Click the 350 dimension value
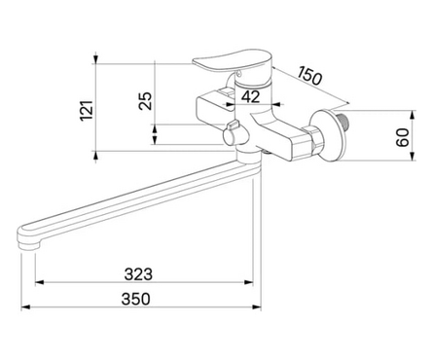click(x=136, y=299)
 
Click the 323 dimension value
click(x=138, y=274)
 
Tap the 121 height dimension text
click(x=87, y=111)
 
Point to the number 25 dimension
click(x=145, y=101)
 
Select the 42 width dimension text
click(x=251, y=96)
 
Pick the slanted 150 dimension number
click(x=309, y=76)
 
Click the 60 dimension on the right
click(x=404, y=137)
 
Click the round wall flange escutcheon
click(x=328, y=135)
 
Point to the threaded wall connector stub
click(x=343, y=121)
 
